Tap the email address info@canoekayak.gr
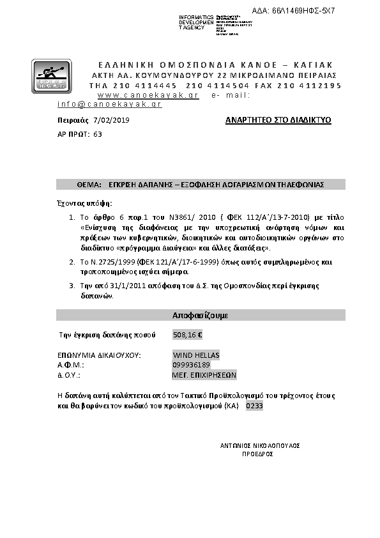[109, 104]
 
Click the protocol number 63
[97, 134]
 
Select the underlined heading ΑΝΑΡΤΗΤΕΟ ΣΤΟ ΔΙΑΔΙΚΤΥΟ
[278, 120]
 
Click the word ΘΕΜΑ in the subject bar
[89, 184]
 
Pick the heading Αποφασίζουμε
[201, 316]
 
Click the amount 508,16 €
[188, 334]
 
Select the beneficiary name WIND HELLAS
[196, 355]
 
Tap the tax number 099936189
[192, 365]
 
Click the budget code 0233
[254, 406]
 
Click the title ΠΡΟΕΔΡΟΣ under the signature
[258, 454]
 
